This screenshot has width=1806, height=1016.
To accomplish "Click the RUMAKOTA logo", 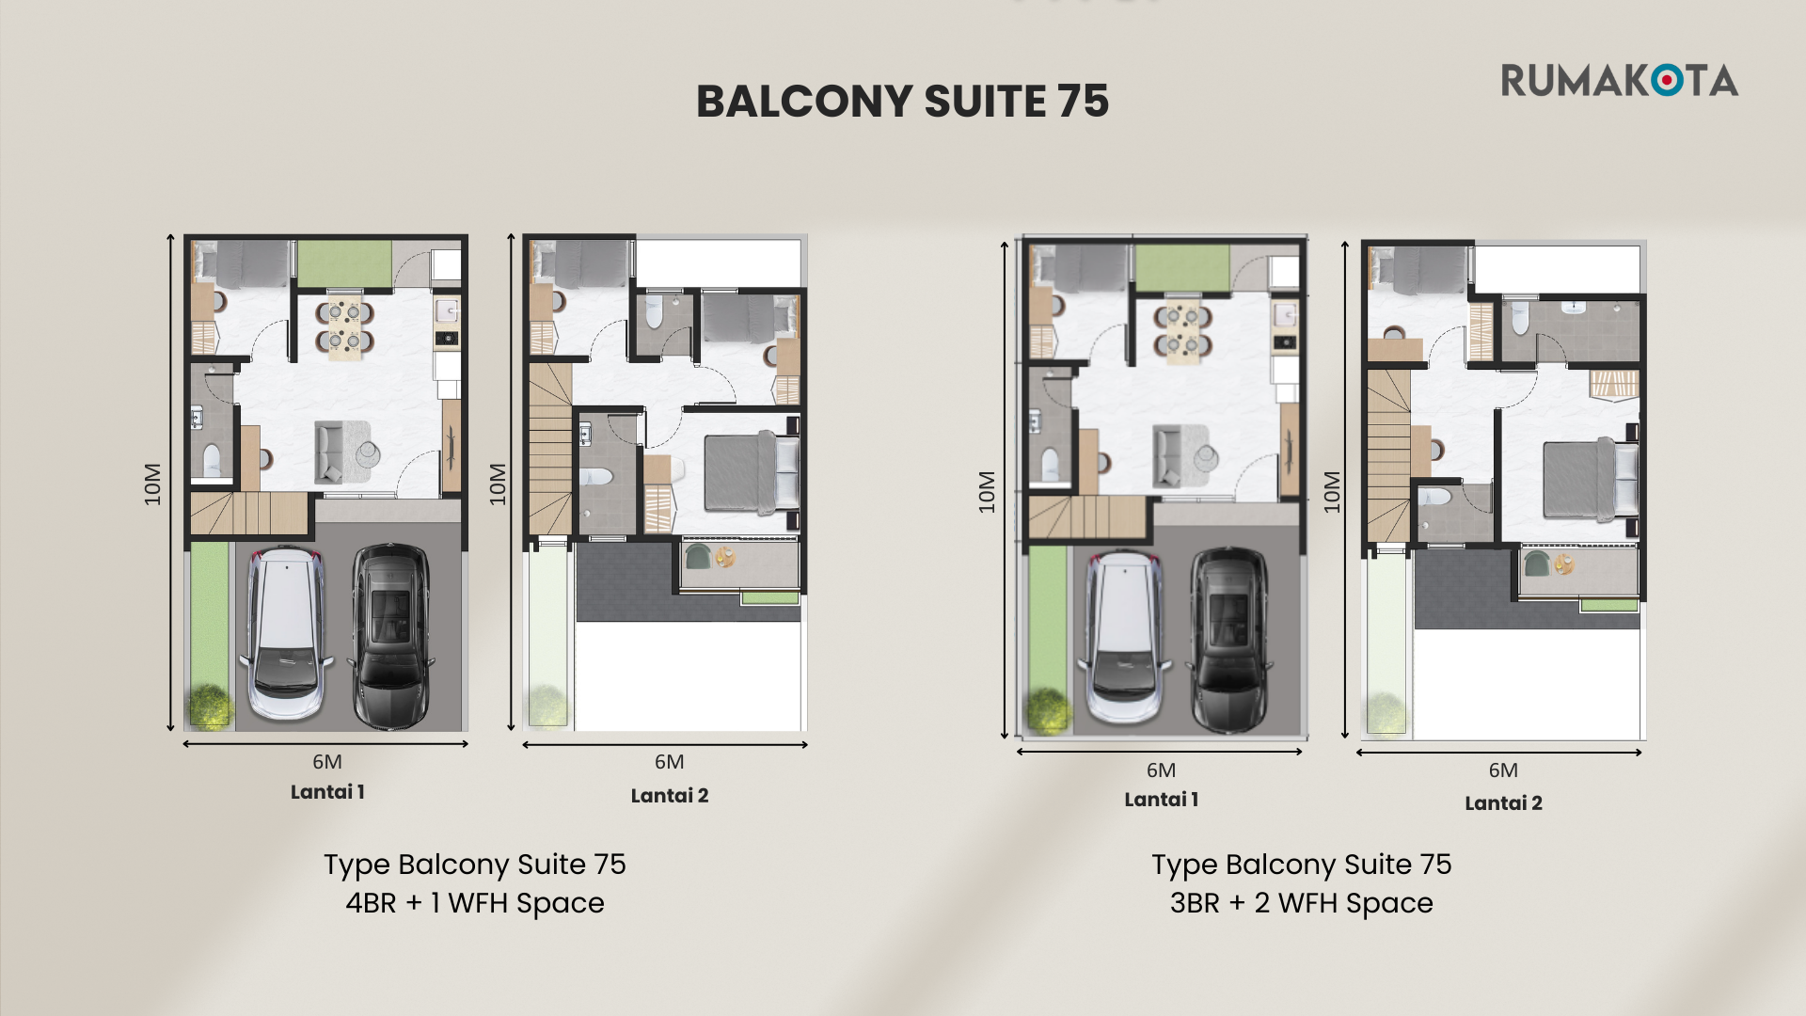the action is click(1619, 81).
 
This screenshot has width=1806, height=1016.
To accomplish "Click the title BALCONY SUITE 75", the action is click(902, 102).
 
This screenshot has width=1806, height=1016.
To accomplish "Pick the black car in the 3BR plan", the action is click(1229, 640).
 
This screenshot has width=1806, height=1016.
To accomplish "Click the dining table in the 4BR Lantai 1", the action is click(345, 327).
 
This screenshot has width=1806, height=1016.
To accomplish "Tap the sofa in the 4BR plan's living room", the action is click(329, 452).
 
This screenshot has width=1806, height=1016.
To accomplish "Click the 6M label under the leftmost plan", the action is click(327, 762).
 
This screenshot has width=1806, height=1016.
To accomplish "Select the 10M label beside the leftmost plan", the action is click(152, 484).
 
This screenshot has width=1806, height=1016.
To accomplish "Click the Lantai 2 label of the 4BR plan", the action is click(670, 796).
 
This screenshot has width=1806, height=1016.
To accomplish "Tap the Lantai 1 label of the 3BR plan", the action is click(1162, 800).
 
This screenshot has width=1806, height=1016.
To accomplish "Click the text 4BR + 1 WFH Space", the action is click(475, 903).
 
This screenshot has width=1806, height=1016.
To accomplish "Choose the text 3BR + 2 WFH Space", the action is click(1302, 903).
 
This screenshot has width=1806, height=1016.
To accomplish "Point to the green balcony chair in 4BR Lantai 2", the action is click(698, 557).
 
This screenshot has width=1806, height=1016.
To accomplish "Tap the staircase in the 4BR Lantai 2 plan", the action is click(550, 450).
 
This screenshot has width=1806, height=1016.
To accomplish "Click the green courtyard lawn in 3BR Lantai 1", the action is click(1182, 267).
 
